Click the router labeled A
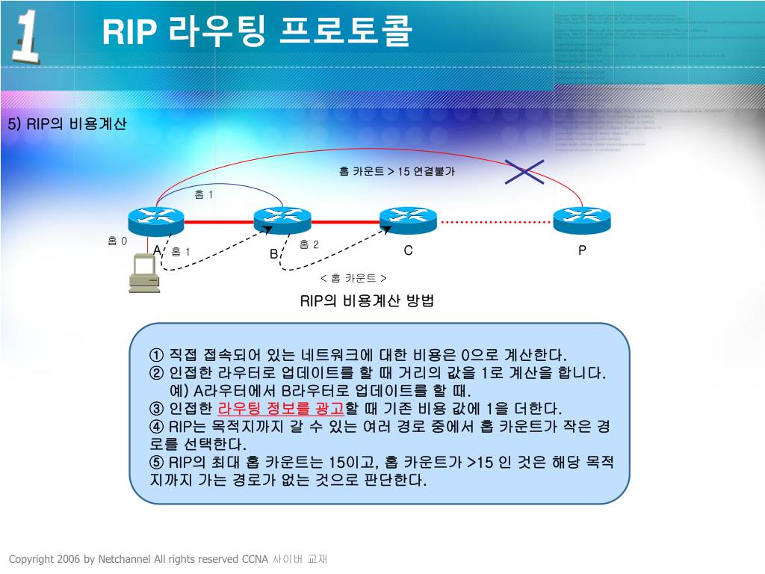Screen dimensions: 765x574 156,219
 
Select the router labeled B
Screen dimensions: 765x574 282,219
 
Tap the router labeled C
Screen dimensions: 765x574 408,219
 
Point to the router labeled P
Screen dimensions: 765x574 582,219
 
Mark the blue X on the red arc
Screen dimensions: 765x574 524,171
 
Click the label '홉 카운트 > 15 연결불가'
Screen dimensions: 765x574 397,171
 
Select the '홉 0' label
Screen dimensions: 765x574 117,241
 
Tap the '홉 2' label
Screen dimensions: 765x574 309,244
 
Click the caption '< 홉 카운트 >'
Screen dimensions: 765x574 353,278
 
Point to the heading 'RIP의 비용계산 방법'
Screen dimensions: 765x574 367,301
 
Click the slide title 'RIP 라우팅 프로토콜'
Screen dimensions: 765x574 256,32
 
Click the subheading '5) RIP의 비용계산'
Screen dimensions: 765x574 67,123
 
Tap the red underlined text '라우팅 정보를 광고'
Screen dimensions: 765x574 280,408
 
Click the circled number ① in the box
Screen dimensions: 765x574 156,354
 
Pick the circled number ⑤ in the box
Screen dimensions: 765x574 156,462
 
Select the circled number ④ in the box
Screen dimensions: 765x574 156,427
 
